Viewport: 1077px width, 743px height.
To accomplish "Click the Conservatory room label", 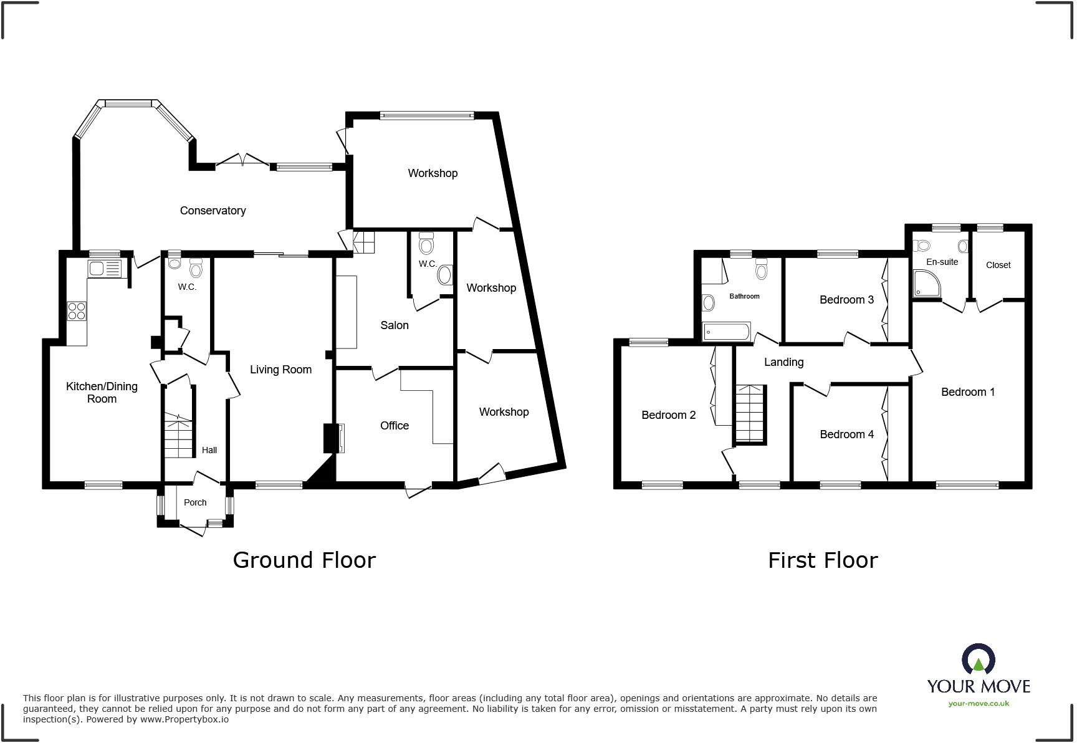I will click(213, 211).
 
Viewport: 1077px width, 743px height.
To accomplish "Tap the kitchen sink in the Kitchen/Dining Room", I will click(105, 269).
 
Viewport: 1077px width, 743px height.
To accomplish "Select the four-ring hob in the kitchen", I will click(77, 310).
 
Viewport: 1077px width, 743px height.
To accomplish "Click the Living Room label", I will click(280, 370).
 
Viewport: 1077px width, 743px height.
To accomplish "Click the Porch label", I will click(195, 502).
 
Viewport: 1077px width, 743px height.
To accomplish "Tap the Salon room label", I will click(395, 325).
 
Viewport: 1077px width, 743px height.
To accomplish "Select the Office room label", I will click(395, 426).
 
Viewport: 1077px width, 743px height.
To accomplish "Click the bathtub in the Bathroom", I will click(727, 332).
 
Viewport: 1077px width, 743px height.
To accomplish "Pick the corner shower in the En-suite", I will click(926, 283).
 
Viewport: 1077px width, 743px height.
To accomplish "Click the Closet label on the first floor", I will click(998, 265).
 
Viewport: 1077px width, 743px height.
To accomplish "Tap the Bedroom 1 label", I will click(967, 392).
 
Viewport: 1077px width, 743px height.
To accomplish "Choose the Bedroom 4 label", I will click(846, 434).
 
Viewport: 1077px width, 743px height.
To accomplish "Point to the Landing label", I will click(783, 362).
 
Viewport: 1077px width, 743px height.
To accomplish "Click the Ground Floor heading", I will click(304, 560).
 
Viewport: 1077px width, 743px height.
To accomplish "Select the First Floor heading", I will click(822, 560).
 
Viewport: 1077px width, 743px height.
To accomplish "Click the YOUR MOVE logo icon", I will click(978, 659).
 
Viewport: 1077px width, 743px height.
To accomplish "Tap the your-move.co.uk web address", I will click(979, 703).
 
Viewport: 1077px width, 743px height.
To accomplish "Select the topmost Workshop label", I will click(433, 173).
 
